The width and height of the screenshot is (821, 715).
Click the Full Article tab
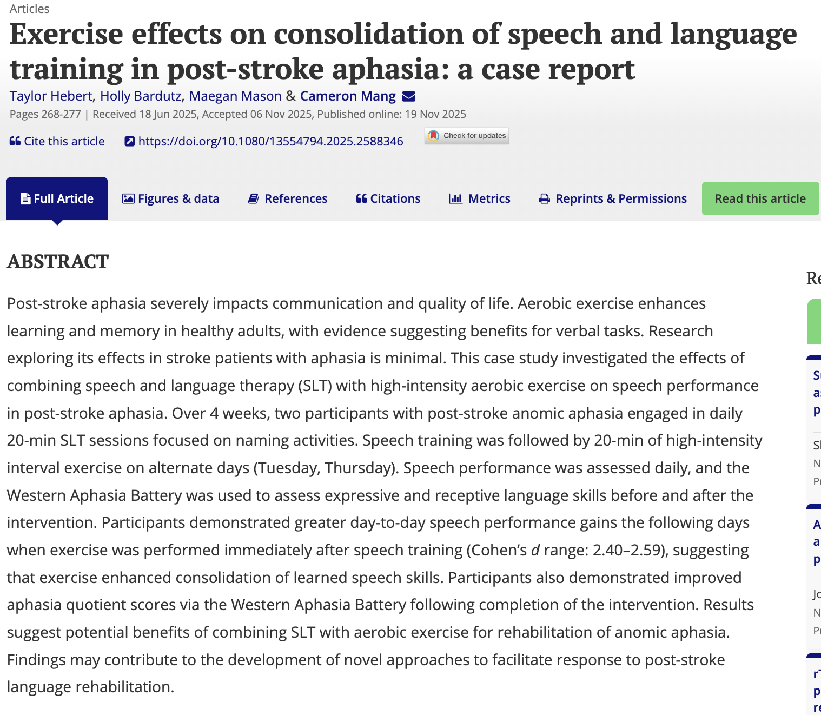click(x=57, y=198)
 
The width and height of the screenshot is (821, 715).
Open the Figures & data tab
click(x=170, y=198)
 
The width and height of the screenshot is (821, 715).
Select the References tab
click(x=288, y=198)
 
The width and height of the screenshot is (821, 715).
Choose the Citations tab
click(x=388, y=198)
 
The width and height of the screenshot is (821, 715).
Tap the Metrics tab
click(x=480, y=198)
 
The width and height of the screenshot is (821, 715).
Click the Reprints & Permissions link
click(x=613, y=198)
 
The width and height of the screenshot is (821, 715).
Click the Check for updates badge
click(x=467, y=136)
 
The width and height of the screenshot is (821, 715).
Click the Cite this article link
click(x=57, y=141)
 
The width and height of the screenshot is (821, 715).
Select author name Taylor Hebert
click(x=51, y=96)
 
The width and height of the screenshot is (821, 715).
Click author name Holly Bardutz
click(x=141, y=96)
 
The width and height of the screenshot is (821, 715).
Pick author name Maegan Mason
click(x=235, y=96)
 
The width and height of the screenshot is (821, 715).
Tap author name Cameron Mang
click(x=348, y=96)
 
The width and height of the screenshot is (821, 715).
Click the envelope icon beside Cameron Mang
click(x=409, y=96)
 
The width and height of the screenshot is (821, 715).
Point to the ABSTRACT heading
click(x=58, y=262)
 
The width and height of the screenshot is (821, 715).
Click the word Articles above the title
click(x=29, y=9)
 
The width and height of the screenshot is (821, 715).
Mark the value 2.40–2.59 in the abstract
click(x=627, y=550)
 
